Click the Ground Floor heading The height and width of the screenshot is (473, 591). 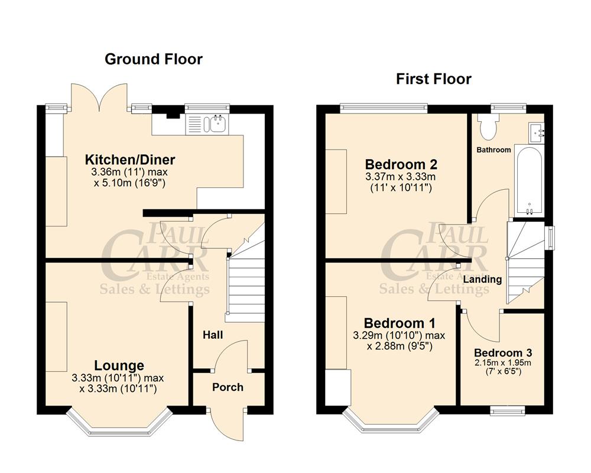pyautogui.click(x=153, y=59)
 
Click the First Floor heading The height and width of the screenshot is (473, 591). pyautogui.click(x=434, y=79)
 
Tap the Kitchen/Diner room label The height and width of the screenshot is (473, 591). pyautogui.click(x=130, y=160)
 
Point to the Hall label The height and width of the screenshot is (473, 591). pyautogui.click(x=213, y=335)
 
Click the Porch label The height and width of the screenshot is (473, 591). pyautogui.click(x=228, y=387)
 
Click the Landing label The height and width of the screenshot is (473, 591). pyautogui.click(x=482, y=279)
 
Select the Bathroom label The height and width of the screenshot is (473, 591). pyautogui.click(x=494, y=150)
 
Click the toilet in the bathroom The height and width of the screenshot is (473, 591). pyautogui.click(x=489, y=124)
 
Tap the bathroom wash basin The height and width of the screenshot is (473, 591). pyautogui.click(x=538, y=132)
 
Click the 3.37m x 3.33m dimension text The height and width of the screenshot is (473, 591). pyautogui.click(x=401, y=177)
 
